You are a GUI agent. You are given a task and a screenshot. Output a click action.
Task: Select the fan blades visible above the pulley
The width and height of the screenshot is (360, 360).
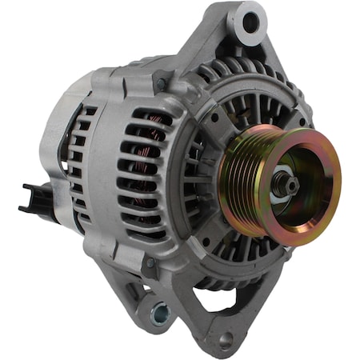(240, 104)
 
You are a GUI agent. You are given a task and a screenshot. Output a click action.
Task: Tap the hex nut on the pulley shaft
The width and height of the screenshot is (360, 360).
(283, 183)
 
